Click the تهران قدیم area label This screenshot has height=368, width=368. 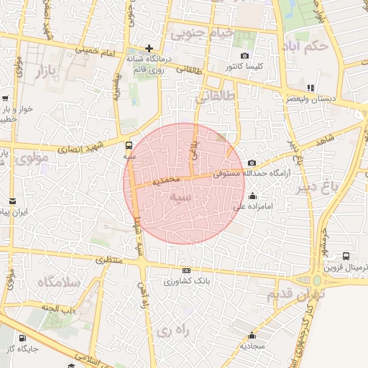coord(295,294)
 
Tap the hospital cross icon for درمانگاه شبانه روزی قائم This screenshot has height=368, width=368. coord(149,48)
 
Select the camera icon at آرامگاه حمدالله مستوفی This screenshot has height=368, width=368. coord(252,164)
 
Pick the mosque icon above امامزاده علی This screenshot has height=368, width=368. coord(252,195)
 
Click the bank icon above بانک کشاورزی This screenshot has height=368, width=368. coord(187,271)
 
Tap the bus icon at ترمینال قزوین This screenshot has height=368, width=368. coord(347,256)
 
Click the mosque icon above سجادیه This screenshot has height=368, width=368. coord(252,335)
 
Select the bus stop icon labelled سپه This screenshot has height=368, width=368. coord(129,144)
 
